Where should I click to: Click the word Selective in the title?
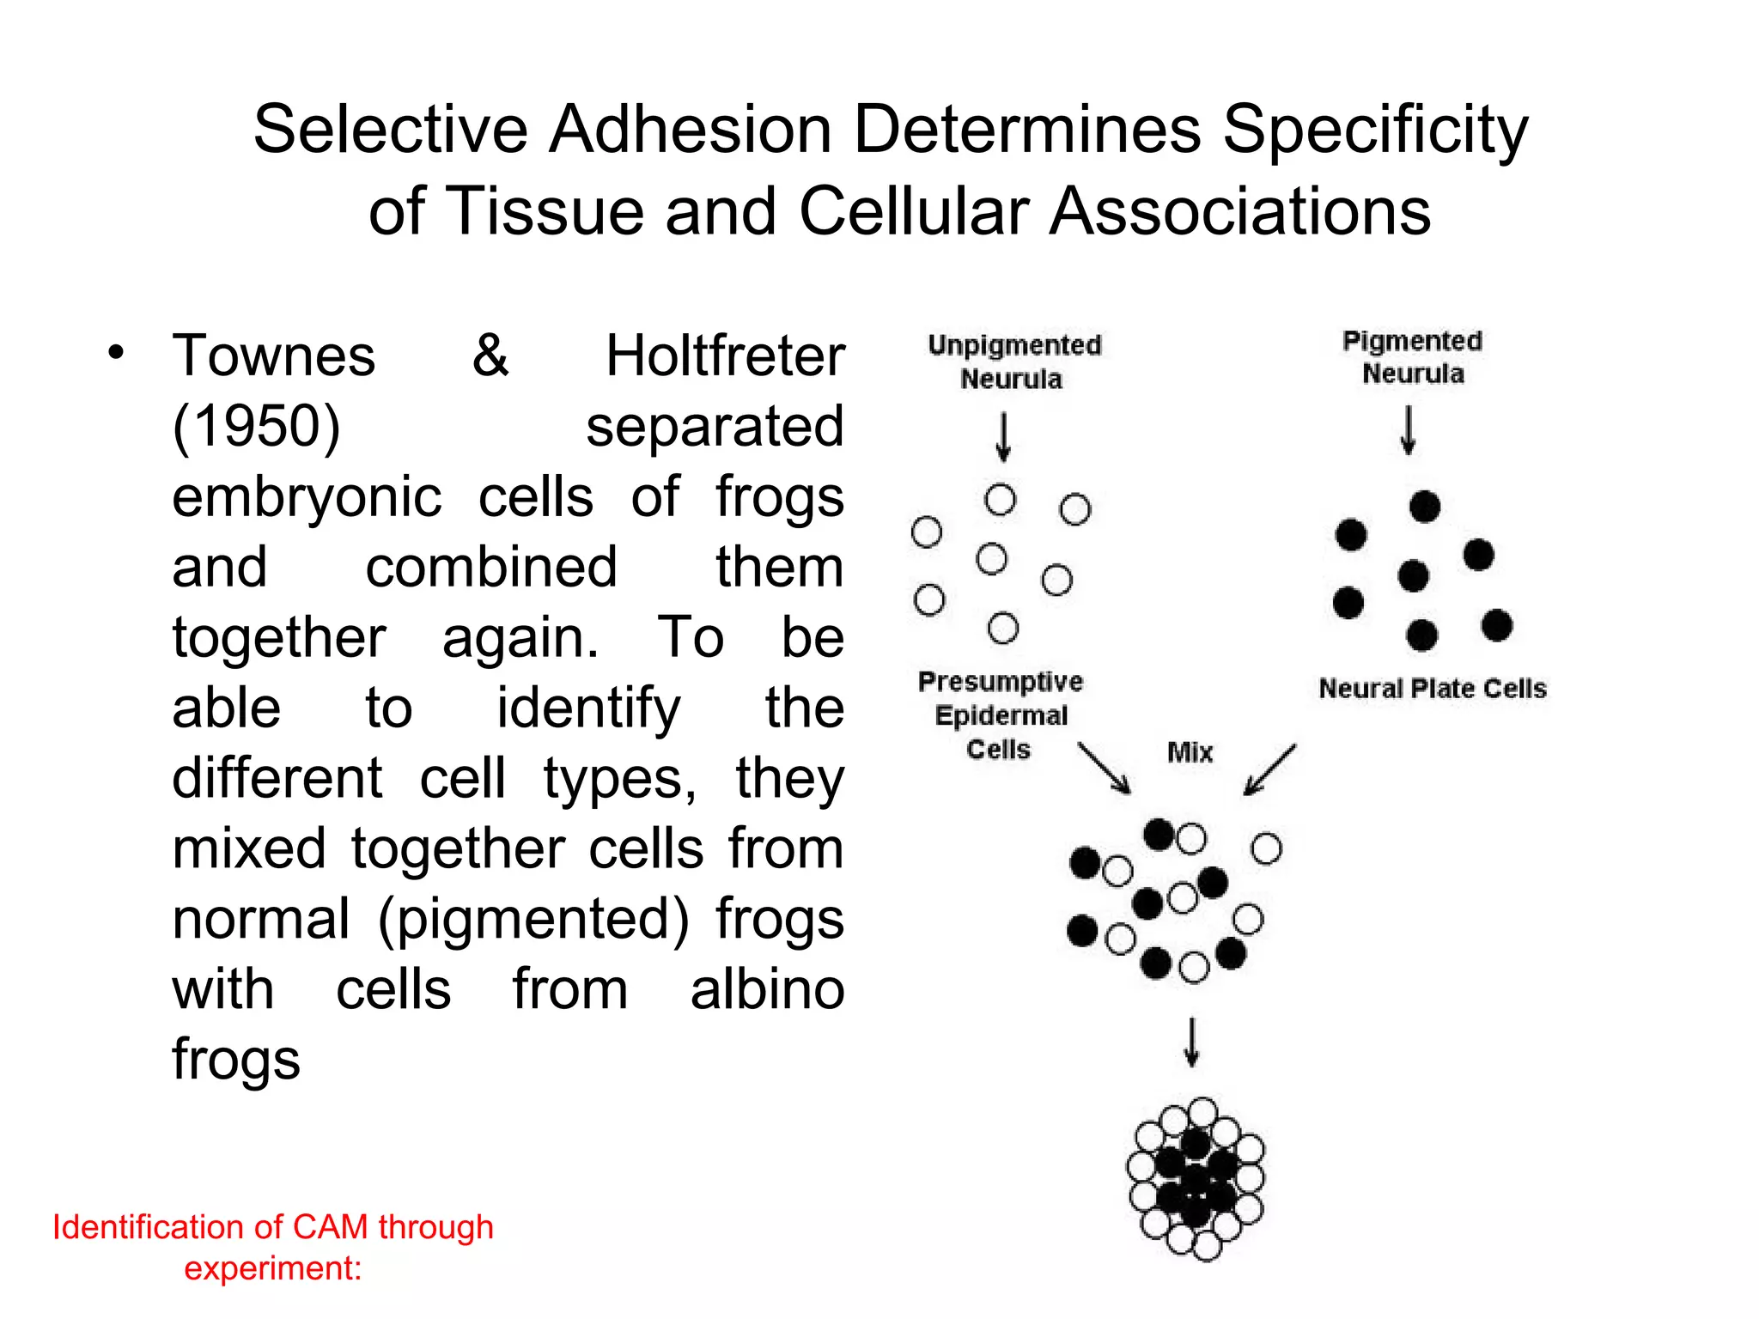point(390,130)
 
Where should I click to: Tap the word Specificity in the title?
point(1375,131)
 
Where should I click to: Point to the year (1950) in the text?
point(257,427)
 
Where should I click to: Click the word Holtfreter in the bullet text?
point(725,356)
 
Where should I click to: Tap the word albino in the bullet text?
point(767,989)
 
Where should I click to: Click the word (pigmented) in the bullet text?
point(533,919)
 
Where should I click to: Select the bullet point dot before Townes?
point(116,352)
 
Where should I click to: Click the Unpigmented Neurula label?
point(1013,362)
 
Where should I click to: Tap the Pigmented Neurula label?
point(1412,357)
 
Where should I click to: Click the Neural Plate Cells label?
point(1432,689)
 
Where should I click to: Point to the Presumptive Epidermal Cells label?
point(1000,715)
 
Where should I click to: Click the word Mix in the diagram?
point(1190,753)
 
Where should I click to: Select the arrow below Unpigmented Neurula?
point(1003,437)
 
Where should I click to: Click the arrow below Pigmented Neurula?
point(1408,430)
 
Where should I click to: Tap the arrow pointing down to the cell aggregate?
point(1191,1042)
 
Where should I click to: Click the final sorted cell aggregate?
point(1196,1178)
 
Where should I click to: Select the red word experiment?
point(272,1268)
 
